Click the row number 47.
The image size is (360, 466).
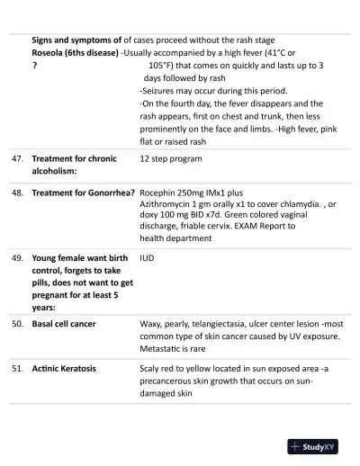[x=17, y=158]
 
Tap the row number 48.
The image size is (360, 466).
[x=17, y=193]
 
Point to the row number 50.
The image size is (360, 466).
[x=17, y=323]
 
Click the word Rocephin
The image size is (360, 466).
[x=160, y=193]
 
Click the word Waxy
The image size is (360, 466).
[x=151, y=323]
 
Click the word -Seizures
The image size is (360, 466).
[x=162, y=91]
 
